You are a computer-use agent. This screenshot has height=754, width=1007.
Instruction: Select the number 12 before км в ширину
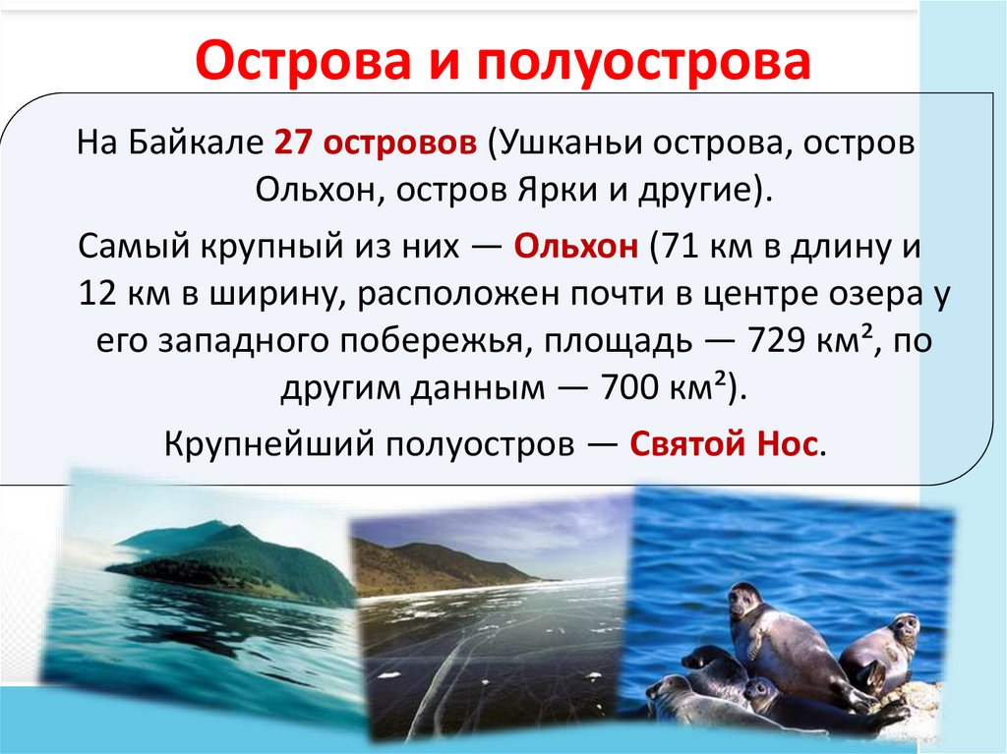click(x=96, y=294)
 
